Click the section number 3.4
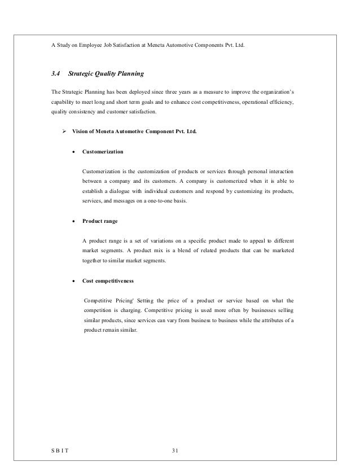click(55, 73)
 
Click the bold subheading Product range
click(100, 222)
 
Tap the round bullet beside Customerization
click(73, 152)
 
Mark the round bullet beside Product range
click(73, 222)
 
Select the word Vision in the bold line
click(80, 131)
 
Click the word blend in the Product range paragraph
click(200, 250)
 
